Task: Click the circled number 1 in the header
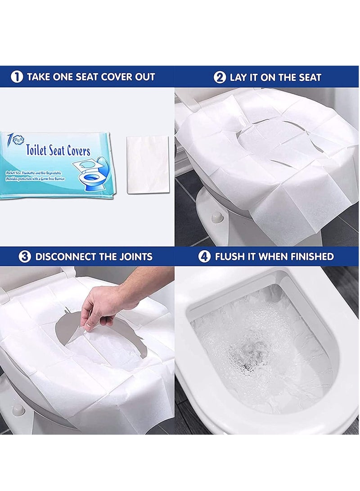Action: pyautogui.click(x=17, y=77)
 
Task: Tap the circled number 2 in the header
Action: pyautogui.click(x=220, y=77)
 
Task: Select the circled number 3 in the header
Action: pyautogui.click(x=25, y=257)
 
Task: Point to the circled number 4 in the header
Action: pyautogui.click(x=205, y=257)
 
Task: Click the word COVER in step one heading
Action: pyautogui.click(x=117, y=77)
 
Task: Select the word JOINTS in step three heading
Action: pyautogui.click(x=135, y=257)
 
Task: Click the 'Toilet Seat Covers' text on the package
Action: pyautogui.click(x=58, y=150)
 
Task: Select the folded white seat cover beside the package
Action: pyautogui.click(x=148, y=165)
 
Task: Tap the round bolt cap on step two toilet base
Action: pyautogui.click(x=218, y=217)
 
